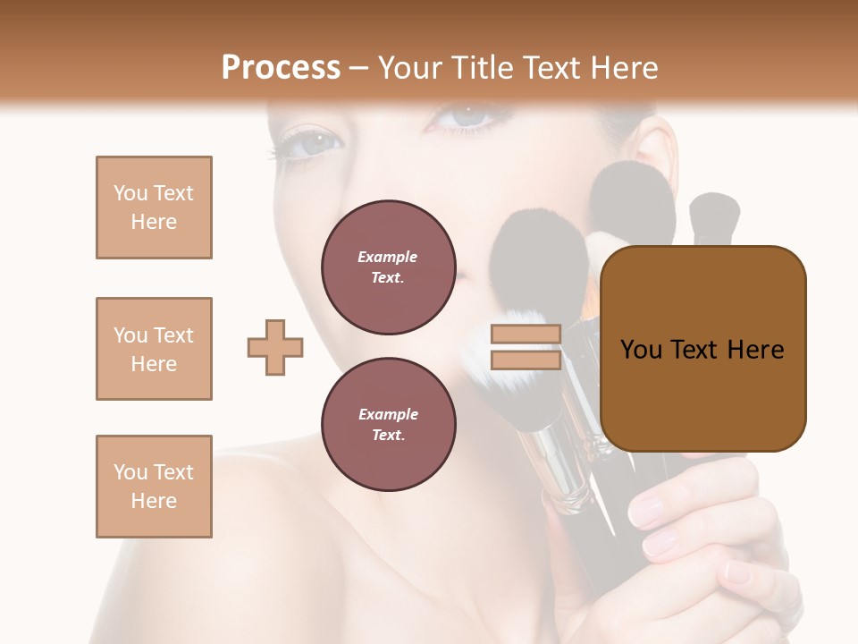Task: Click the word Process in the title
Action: [281, 68]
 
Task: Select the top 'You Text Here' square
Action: [154, 208]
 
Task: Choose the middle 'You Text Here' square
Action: [154, 349]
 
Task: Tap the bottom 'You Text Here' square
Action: [154, 487]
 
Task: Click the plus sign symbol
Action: [275, 347]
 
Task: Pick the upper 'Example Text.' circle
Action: [388, 267]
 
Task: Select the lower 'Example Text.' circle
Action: [388, 424]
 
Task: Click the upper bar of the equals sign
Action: [526, 335]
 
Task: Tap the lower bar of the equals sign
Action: [526, 360]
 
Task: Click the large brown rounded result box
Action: [702, 349]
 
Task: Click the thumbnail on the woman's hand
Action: [647, 511]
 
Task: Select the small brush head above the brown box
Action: [714, 215]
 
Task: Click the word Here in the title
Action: [625, 68]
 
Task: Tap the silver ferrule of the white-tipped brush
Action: [559, 465]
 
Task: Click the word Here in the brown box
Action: [755, 350]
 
